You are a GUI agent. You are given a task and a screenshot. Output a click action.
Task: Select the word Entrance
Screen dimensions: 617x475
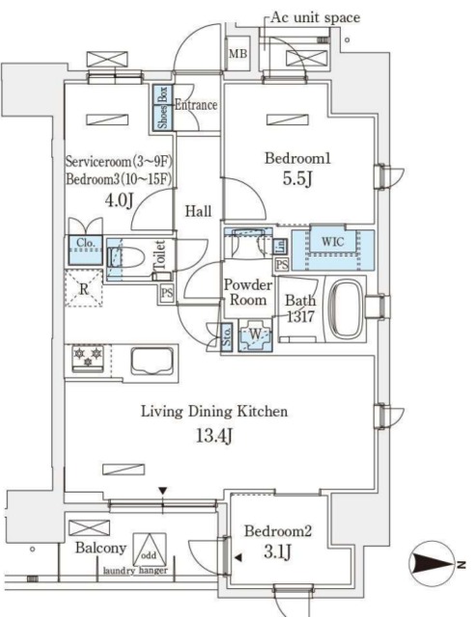pos(195,104)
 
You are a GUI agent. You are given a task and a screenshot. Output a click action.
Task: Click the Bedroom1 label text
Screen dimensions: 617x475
pos(295,157)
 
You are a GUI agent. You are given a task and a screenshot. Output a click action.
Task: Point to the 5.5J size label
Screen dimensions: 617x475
pos(295,180)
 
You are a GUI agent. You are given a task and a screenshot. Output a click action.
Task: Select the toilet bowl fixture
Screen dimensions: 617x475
pos(129,258)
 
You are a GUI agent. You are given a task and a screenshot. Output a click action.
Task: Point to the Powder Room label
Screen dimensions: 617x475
pos(244,292)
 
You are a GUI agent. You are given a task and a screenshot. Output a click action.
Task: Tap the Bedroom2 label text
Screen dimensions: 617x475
pos(276,530)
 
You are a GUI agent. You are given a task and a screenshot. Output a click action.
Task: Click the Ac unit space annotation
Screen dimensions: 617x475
pos(315,17)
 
